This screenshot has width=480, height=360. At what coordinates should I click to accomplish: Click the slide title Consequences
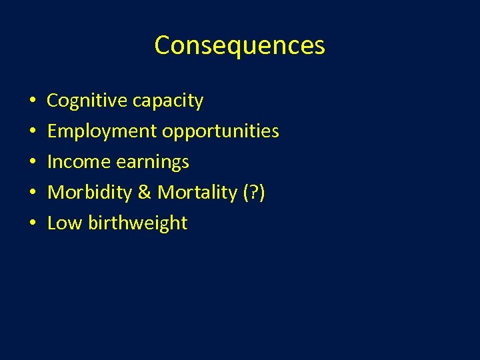click(239, 45)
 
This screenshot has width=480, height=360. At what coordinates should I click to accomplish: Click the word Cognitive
click(87, 101)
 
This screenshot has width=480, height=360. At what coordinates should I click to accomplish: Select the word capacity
click(168, 101)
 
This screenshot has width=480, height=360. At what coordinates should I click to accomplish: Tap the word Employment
click(101, 131)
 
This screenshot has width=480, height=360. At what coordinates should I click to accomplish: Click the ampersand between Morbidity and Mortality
click(145, 193)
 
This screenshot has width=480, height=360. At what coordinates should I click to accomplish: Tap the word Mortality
click(193, 193)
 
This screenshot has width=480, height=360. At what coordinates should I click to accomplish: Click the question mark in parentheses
click(254, 193)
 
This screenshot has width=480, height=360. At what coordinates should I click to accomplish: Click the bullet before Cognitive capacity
click(32, 101)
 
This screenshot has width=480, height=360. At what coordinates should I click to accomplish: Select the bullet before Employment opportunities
click(32, 132)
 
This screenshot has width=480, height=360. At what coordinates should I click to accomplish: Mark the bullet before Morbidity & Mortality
click(32, 193)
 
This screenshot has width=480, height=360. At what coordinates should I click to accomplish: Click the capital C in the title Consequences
click(162, 45)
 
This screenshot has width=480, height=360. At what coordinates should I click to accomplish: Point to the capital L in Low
click(52, 223)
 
